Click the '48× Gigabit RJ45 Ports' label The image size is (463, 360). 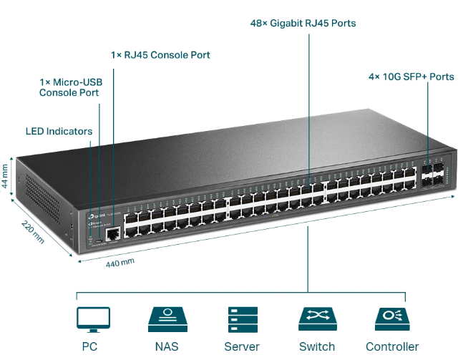pyautogui.click(x=303, y=23)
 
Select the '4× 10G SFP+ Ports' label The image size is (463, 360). pyautogui.click(x=411, y=77)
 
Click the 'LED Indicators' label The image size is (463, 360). pyautogui.click(x=59, y=131)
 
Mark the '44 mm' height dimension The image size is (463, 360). pyautogui.click(x=6, y=174)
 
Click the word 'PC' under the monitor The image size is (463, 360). pyautogui.click(x=89, y=346)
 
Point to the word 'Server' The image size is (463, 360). pyautogui.click(x=242, y=346)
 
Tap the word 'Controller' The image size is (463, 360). pyautogui.click(x=392, y=346)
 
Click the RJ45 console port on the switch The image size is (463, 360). pyautogui.click(x=112, y=233)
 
